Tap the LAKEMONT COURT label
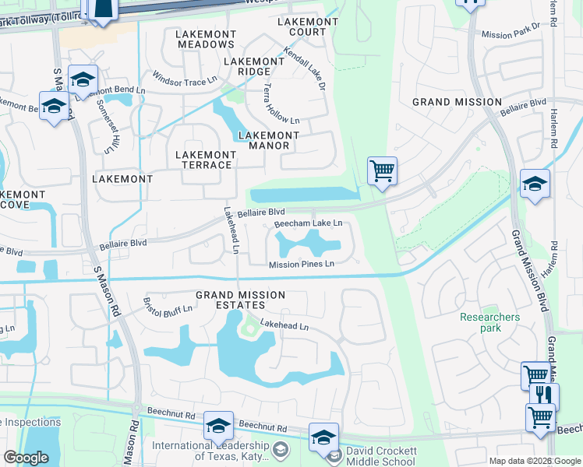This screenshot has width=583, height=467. pyautogui.click(x=308, y=26)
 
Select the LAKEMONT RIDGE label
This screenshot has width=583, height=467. pyautogui.click(x=253, y=66)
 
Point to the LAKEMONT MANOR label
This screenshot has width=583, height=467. pyautogui.click(x=269, y=140)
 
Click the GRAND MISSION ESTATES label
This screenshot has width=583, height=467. pyautogui.click(x=240, y=300)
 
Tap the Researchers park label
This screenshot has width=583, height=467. pyautogui.click(x=489, y=322)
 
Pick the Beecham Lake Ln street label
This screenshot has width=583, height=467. pyautogui.click(x=308, y=223)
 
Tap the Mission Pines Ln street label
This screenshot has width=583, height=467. pyautogui.click(x=302, y=265)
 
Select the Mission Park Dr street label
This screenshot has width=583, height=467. pyautogui.click(x=511, y=34)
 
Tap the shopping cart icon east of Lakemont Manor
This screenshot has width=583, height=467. pyautogui.click(x=382, y=170)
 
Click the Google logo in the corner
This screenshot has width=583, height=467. pyautogui.click(x=26, y=457)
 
